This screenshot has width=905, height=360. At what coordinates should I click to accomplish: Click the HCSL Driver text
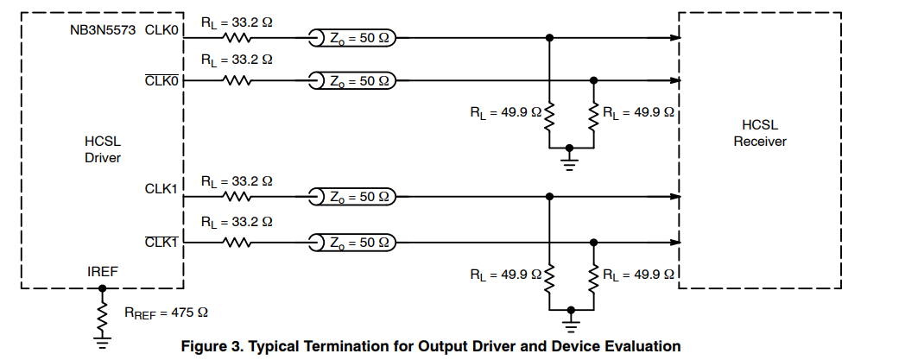pyautogui.click(x=103, y=149)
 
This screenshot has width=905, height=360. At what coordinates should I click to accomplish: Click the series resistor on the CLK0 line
pyautogui.click(x=237, y=38)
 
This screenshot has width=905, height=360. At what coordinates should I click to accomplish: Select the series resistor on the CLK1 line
pyautogui.click(x=237, y=197)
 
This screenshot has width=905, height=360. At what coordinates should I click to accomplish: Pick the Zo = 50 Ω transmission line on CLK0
pyautogui.click(x=352, y=38)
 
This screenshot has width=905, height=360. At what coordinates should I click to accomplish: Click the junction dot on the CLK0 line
pyautogui.click(x=549, y=38)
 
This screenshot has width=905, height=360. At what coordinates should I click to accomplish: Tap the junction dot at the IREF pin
pyautogui.click(x=103, y=288)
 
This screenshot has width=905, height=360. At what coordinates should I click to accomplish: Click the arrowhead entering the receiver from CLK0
pyautogui.click(x=674, y=38)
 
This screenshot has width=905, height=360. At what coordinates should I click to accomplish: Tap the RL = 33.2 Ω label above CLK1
pyautogui.click(x=237, y=181)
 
